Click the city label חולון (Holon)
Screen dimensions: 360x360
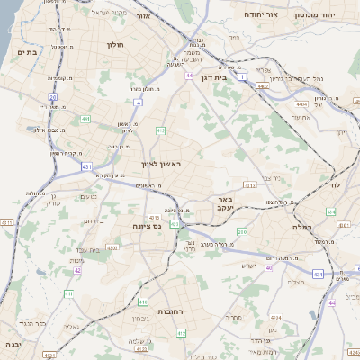(115, 44)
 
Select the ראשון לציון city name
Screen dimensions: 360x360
(161, 164)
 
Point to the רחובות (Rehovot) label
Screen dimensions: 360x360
(171, 311)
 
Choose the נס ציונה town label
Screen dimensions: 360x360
(146, 226)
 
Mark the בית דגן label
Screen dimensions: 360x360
(212, 66)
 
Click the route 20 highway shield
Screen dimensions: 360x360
(53, 96)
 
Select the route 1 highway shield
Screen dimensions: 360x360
(241, 77)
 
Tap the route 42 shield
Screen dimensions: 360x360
(77, 269)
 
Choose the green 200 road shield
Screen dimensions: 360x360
(241, 232)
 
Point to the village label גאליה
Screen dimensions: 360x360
(69, 328)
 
